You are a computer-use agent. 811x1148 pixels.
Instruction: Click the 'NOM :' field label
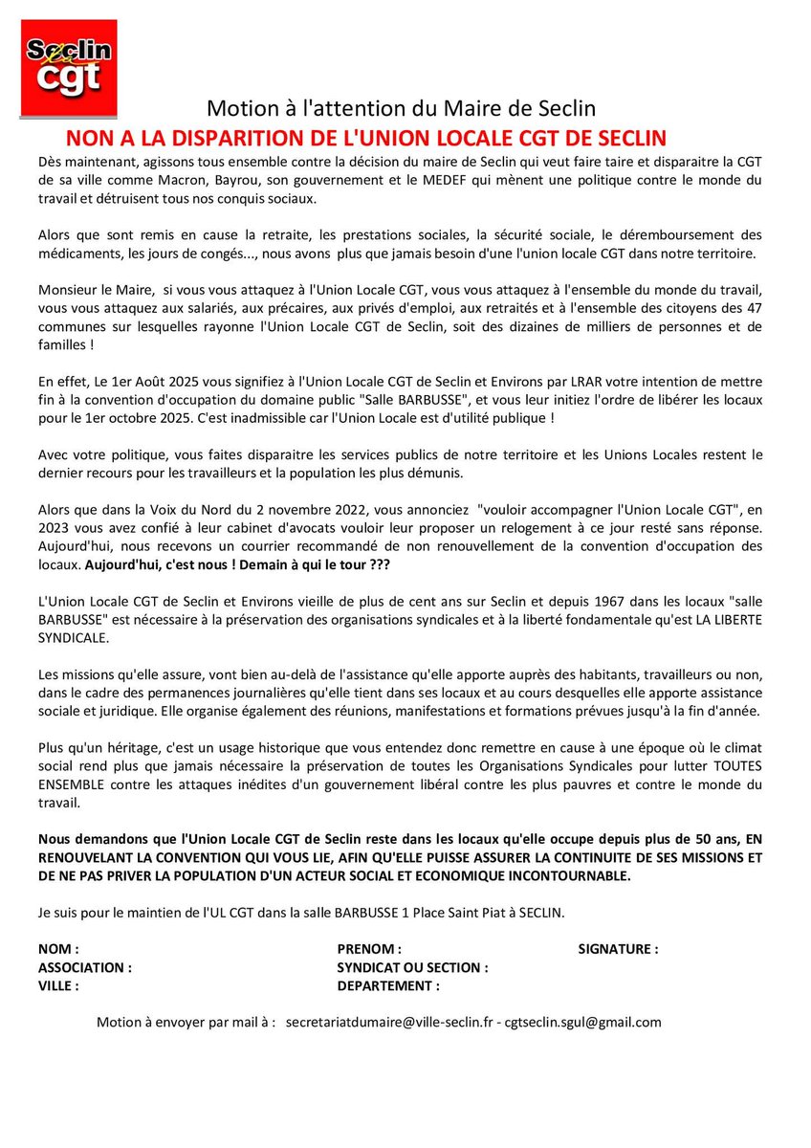(x=57, y=949)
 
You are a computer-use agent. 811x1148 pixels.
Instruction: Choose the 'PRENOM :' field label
(x=369, y=949)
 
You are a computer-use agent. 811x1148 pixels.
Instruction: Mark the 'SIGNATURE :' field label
(x=618, y=949)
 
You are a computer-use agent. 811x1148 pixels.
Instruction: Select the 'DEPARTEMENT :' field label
(x=388, y=985)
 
